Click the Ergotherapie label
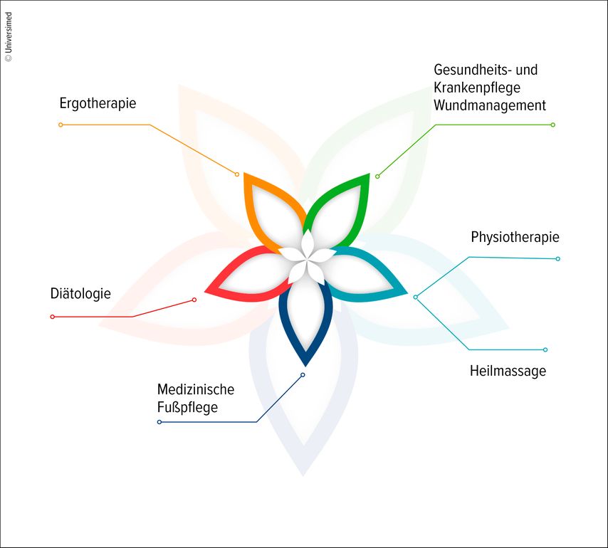click(x=98, y=103)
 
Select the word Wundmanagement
click(x=490, y=105)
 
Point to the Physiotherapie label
click(x=515, y=237)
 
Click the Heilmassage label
click(x=508, y=371)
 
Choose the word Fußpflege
click(x=187, y=408)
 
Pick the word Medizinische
click(x=195, y=390)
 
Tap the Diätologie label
click(x=80, y=293)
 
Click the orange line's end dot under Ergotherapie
click(x=61, y=125)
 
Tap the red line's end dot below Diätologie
click(x=52, y=317)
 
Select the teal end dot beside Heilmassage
click(x=545, y=349)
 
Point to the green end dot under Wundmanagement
click(x=552, y=125)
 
